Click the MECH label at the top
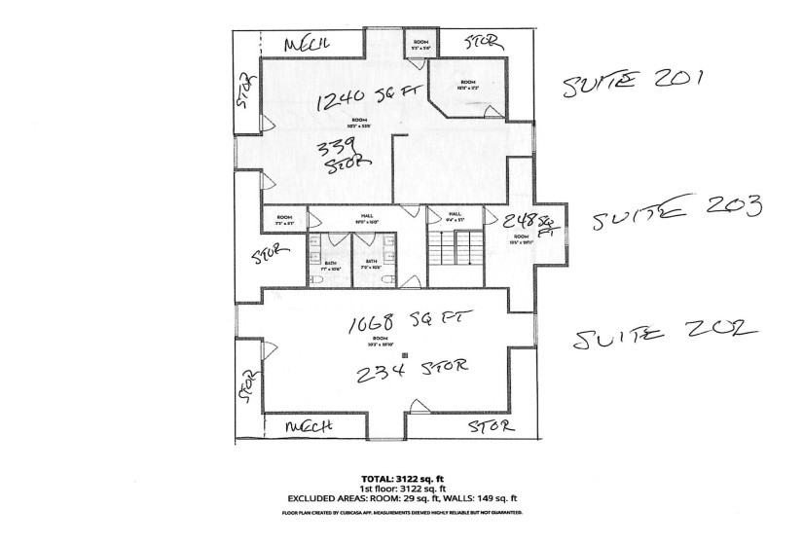310,45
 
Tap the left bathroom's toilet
320,277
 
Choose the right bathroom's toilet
388,279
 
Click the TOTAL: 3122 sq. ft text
402,480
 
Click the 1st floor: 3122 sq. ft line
402,489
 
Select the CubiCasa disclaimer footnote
402,512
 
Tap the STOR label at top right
483,43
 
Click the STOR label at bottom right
489,426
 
